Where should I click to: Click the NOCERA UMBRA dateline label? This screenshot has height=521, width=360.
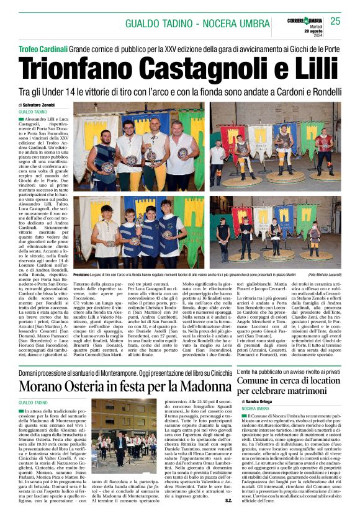click(256, 409)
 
